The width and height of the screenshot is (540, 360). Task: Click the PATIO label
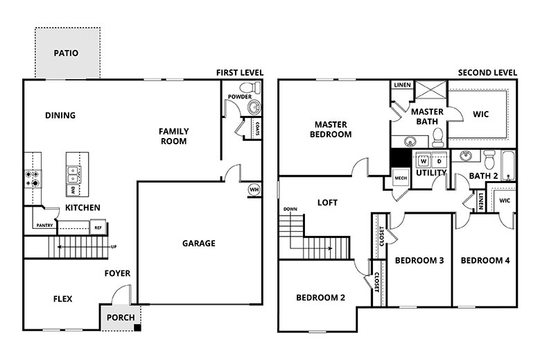click(67, 53)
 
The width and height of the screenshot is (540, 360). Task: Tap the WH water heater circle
click(254, 189)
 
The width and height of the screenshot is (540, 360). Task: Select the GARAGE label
click(198, 243)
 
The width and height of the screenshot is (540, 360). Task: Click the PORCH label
click(120, 318)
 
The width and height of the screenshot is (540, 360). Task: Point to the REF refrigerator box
click(98, 226)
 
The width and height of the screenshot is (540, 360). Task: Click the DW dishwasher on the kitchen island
click(72, 189)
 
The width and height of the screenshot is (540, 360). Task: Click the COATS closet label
click(257, 128)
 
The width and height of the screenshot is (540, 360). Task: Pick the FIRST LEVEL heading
click(240, 72)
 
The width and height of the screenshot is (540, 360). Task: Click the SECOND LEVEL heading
click(487, 72)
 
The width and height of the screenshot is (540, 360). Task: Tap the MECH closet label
click(400, 178)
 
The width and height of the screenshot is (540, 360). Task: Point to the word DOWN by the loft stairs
click(289, 209)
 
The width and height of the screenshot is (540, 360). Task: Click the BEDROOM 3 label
click(419, 261)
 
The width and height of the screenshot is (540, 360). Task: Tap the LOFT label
click(327, 203)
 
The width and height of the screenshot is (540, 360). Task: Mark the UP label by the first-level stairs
click(113, 247)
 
